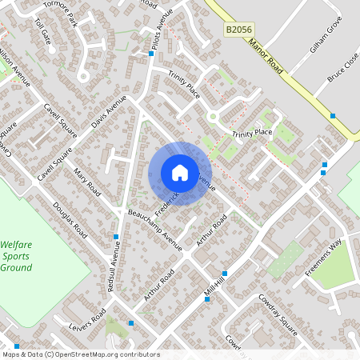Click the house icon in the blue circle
pyautogui.click(x=179, y=173)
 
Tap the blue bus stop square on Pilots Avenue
pyautogui.click(x=151, y=54)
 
